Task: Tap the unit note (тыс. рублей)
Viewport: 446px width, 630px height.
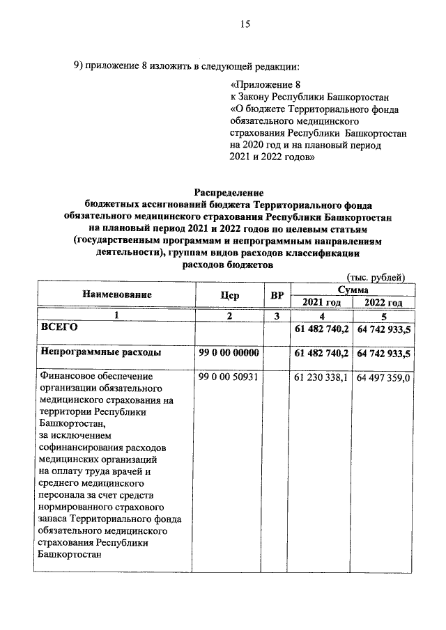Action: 376,277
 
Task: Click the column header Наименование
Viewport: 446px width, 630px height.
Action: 116,295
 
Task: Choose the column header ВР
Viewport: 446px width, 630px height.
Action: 276,295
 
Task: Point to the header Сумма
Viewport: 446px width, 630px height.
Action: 353,288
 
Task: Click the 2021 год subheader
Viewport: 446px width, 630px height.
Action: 322,302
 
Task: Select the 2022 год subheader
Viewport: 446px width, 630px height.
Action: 383,302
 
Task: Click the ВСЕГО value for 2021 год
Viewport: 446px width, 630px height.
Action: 322,328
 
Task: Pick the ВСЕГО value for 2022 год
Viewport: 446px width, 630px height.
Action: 383,328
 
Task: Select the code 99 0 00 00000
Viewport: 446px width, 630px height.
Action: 229,353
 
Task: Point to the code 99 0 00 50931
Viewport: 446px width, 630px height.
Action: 229,377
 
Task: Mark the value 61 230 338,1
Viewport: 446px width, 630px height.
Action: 322,378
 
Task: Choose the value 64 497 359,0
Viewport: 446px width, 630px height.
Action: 384,378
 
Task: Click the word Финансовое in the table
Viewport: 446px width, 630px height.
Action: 71,377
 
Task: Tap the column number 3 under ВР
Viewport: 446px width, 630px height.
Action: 276,315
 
